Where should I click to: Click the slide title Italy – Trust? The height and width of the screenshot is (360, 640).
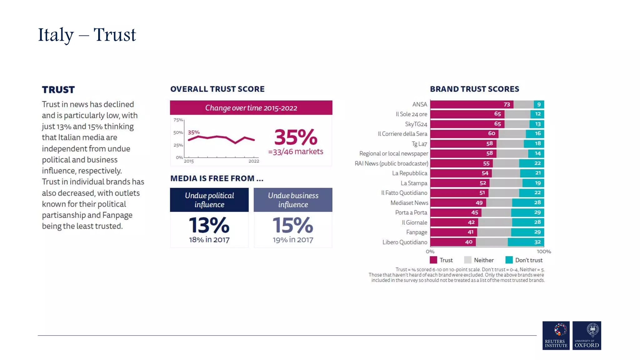87,35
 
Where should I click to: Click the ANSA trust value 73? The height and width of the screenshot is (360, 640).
507,104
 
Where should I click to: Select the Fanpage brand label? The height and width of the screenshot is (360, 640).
417,232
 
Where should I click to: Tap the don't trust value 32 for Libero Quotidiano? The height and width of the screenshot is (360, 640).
537,242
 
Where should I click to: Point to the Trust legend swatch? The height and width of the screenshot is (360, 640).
433,260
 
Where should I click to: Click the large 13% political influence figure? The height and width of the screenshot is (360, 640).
209,225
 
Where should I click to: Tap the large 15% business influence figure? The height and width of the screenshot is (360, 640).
293,225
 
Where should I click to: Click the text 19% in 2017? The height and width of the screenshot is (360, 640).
293,240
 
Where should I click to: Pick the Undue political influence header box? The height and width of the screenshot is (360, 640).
209,200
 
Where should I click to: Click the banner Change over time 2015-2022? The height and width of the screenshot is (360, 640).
251,108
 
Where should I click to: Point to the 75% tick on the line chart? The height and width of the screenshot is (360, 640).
178,120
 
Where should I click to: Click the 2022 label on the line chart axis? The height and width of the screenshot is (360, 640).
254,161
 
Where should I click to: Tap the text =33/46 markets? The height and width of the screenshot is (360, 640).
296,152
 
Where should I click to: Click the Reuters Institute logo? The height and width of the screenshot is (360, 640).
556,335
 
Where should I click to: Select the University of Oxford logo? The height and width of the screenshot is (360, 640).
587,335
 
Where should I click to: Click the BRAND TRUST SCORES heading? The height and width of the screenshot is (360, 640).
474,89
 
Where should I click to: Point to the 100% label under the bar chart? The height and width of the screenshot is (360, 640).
544,252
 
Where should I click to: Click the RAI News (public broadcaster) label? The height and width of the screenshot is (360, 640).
391,163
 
